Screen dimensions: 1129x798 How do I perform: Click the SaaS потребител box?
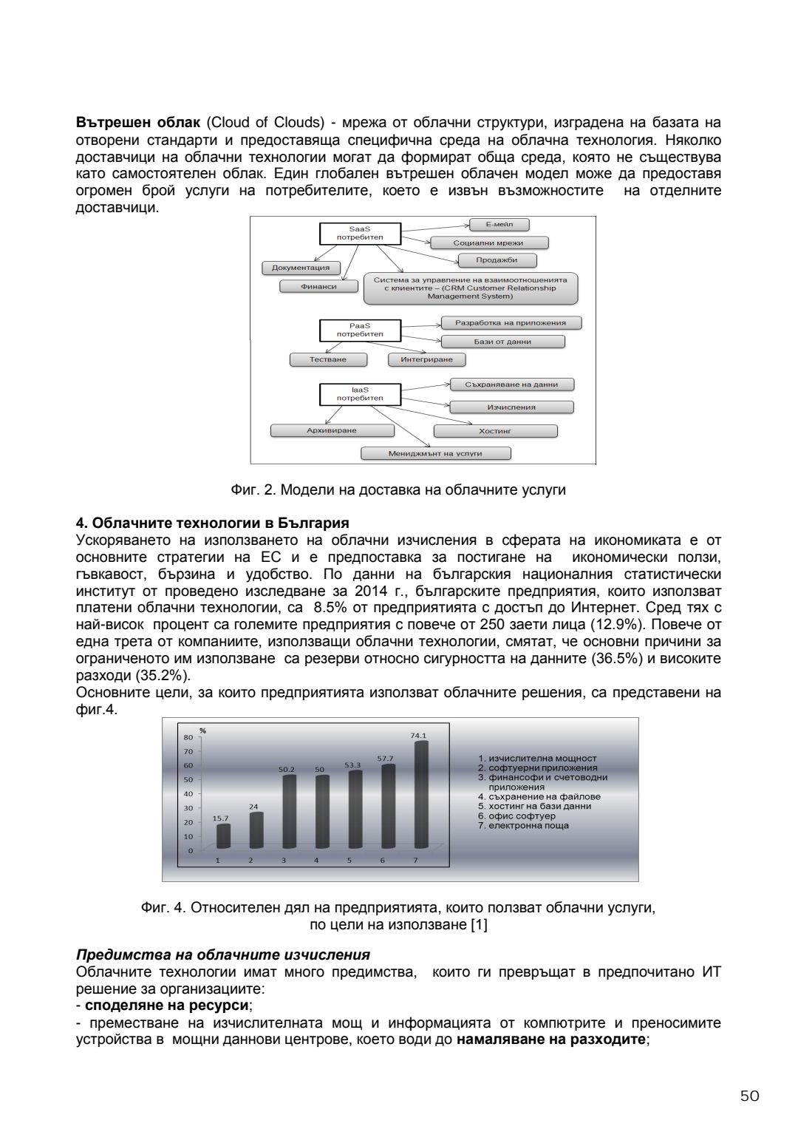[x=360, y=234]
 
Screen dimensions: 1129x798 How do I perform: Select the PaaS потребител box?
[x=360, y=330]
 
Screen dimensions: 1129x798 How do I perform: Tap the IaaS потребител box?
[x=360, y=394]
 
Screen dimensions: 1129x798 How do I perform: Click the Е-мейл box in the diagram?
[x=499, y=225]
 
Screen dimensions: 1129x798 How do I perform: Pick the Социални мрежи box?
[x=488, y=243]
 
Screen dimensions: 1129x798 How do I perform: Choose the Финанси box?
[x=318, y=286]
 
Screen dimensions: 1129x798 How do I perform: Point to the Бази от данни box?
[x=502, y=342]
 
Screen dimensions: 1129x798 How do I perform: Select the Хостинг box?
[x=495, y=430]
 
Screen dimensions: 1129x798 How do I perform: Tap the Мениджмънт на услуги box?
[x=435, y=453]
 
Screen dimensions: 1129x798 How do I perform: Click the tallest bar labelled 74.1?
[x=420, y=794]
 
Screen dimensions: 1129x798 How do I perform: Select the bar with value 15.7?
[x=222, y=836]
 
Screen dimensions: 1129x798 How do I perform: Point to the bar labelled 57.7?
[x=388, y=806]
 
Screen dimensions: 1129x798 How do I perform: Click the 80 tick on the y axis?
[x=188, y=737]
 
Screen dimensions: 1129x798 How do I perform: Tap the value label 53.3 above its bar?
[x=352, y=765]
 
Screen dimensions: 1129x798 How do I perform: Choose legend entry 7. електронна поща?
[x=523, y=825]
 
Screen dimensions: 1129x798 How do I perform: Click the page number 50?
[x=749, y=1096]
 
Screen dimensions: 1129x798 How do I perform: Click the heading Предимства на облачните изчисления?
[x=223, y=955]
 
